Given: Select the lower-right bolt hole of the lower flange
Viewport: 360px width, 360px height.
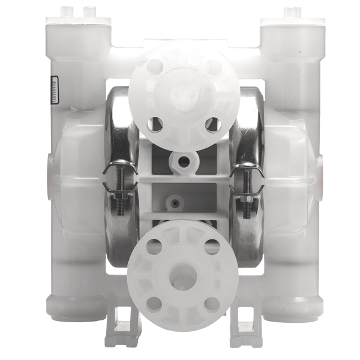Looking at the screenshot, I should (208, 302).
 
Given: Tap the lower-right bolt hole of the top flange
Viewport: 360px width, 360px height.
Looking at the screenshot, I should (209, 124).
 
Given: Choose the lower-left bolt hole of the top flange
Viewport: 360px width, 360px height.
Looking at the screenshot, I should (152, 124).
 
